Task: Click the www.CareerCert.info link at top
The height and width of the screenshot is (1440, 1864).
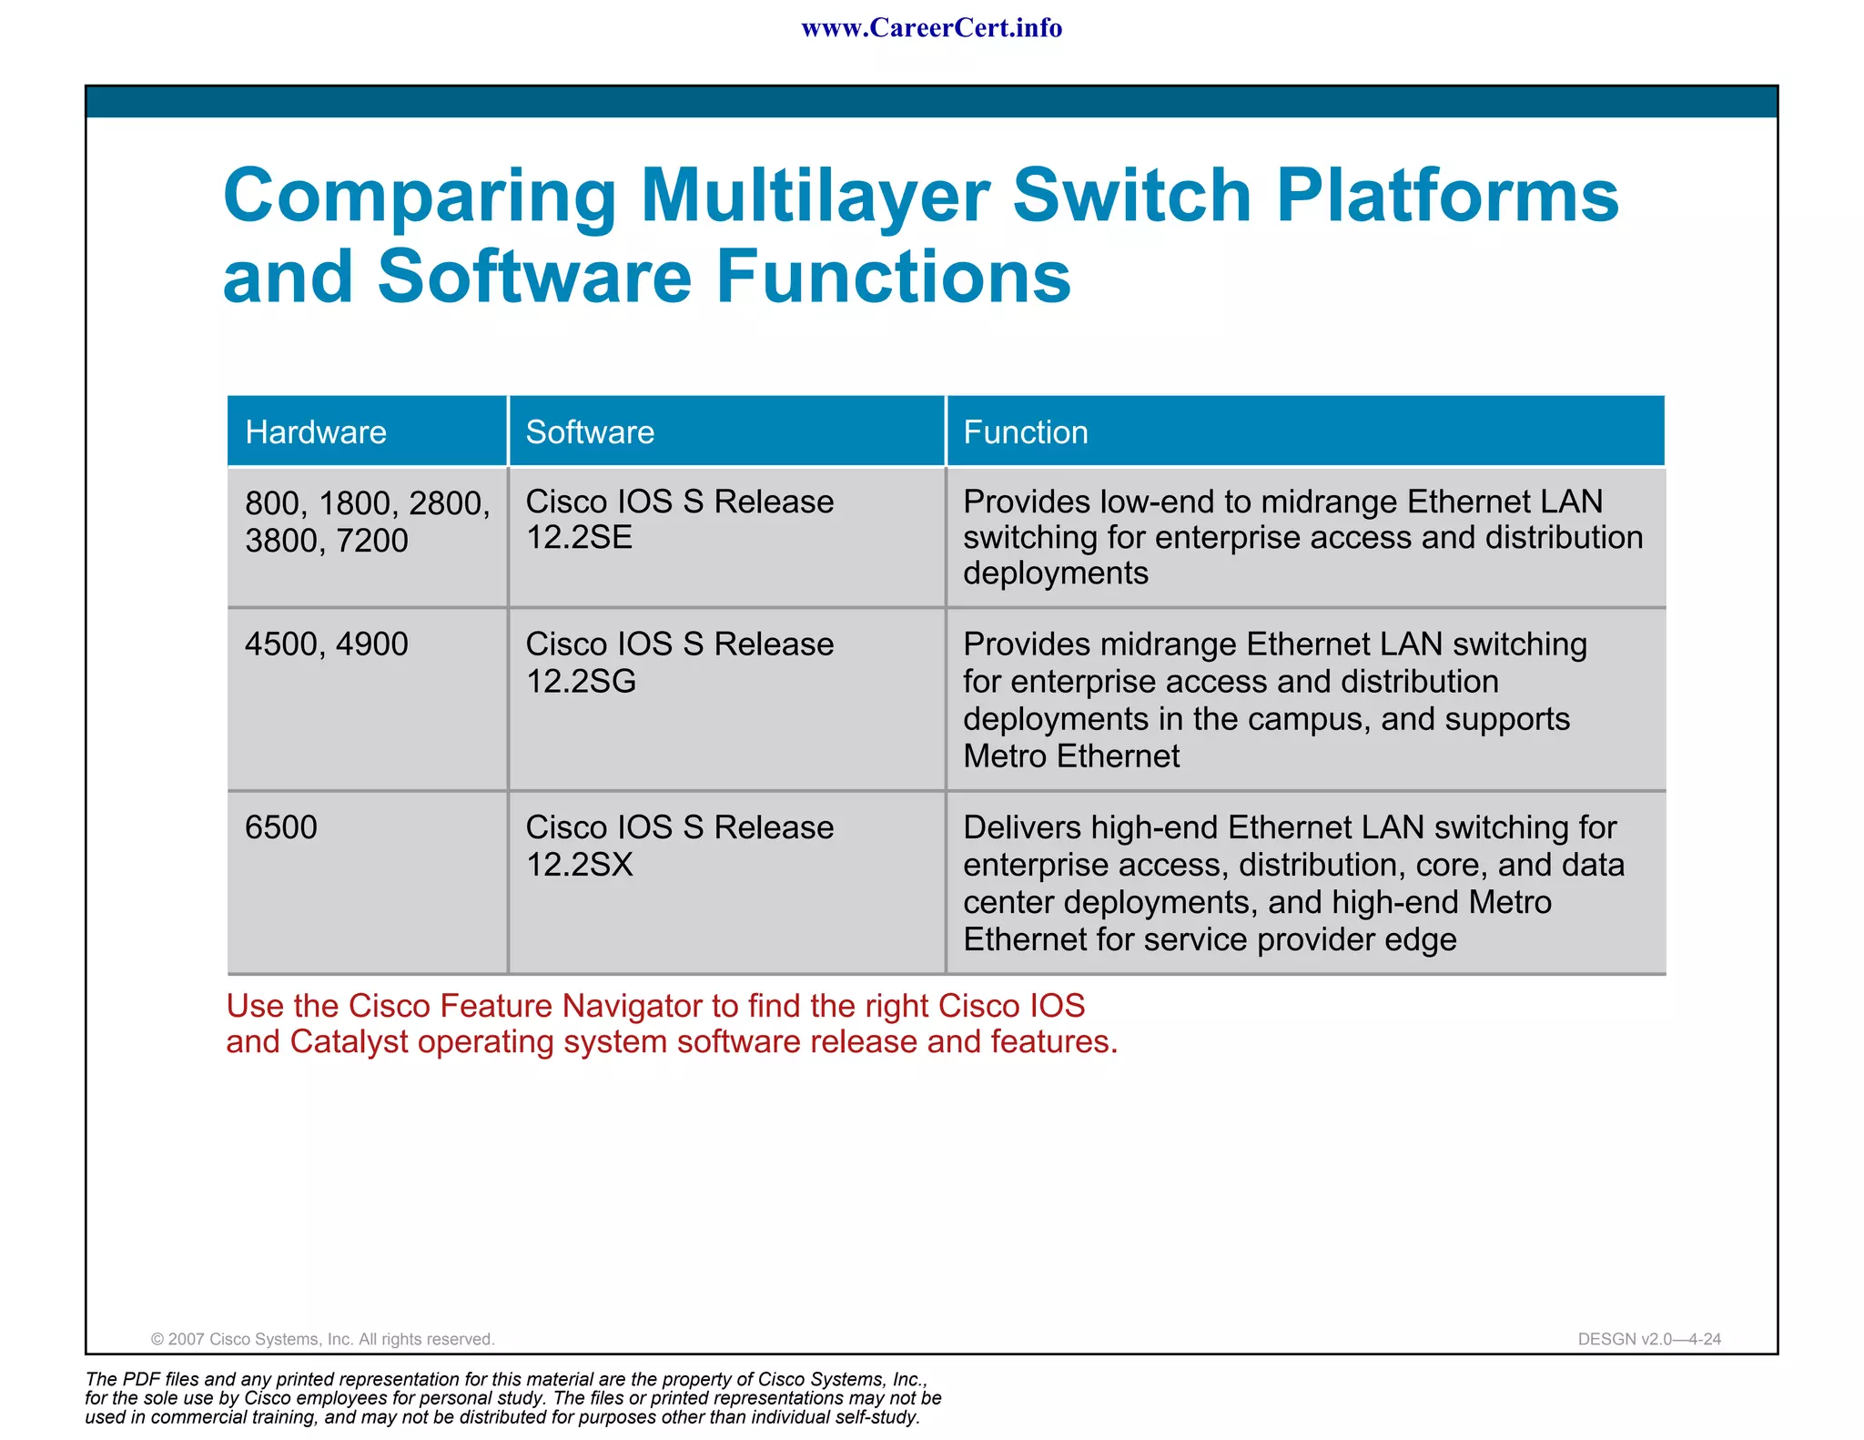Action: click(931, 28)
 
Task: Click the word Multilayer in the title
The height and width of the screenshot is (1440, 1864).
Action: click(815, 197)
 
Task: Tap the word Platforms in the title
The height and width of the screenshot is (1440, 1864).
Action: click(1447, 197)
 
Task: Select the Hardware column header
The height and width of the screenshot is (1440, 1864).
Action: click(316, 432)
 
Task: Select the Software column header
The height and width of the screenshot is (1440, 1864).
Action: click(590, 432)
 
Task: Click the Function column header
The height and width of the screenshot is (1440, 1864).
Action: click(1025, 432)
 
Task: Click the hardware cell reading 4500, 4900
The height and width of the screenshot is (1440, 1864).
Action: click(326, 644)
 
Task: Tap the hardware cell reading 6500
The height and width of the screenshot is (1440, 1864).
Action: click(280, 827)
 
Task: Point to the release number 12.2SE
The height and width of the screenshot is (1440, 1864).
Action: click(579, 538)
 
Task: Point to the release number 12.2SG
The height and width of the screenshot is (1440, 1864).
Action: click(581, 682)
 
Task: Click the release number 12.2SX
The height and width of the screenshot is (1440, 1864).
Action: click(579, 865)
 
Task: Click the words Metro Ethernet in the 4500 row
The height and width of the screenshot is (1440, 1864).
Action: click(1070, 756)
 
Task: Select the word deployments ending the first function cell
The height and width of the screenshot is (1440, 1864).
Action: click(1055, 573)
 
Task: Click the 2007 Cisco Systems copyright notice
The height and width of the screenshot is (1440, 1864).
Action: click(322, 1339)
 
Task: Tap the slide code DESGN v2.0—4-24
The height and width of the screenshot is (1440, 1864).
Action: click(1648, 1339)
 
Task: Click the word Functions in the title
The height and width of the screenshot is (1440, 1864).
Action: click(893, 277)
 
